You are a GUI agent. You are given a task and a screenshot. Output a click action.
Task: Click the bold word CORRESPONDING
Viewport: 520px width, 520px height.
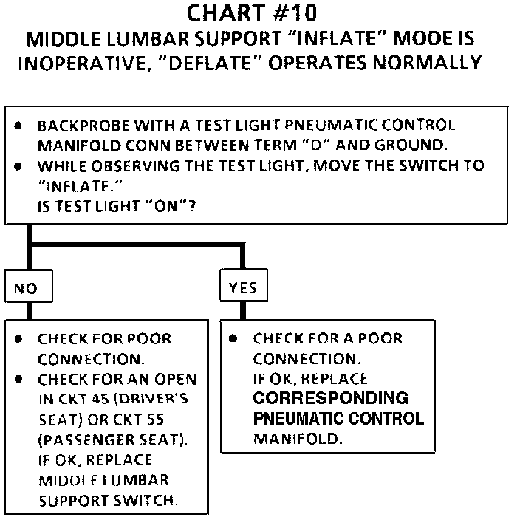point(330,398)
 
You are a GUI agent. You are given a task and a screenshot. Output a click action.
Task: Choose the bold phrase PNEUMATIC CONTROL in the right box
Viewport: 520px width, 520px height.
point(338,419)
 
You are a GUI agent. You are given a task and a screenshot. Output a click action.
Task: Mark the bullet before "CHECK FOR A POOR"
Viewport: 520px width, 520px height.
point(233,339)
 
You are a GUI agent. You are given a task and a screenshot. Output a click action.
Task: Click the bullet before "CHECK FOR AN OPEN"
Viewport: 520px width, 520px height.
point(18,380)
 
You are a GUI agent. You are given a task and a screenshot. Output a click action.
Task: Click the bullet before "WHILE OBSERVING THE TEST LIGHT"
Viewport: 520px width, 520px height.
point(18,165)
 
